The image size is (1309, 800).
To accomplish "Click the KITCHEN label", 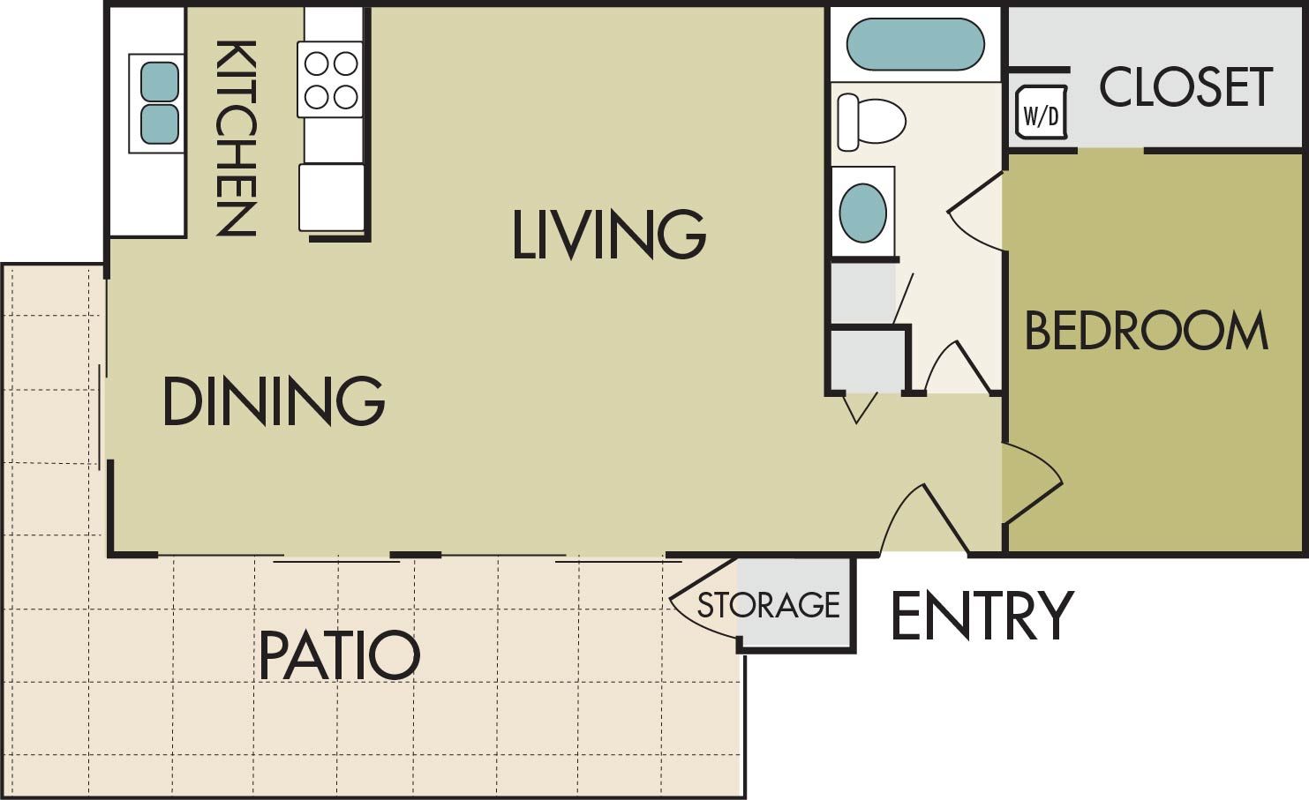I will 236,138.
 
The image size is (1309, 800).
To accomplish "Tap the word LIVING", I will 609,235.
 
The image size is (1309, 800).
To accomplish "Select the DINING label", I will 274,401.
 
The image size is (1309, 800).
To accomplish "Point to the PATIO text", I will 339,655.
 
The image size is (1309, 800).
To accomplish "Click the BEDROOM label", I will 1146,331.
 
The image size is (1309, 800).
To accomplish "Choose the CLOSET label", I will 1185,86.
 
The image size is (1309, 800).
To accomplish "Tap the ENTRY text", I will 982,616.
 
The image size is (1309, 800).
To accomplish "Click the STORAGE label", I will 768,605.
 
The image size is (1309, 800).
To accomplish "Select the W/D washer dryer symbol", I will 1041,113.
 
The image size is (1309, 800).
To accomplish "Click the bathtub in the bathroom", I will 915,44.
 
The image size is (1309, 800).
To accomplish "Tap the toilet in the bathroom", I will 871,121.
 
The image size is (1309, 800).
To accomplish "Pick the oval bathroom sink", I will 862,213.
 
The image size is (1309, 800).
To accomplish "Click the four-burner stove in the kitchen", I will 331,79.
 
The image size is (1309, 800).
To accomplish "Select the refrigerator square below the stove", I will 331,197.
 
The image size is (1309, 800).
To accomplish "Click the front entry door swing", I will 922,520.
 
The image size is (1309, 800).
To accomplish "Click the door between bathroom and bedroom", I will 976,212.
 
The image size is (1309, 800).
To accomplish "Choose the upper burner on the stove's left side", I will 317,64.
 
